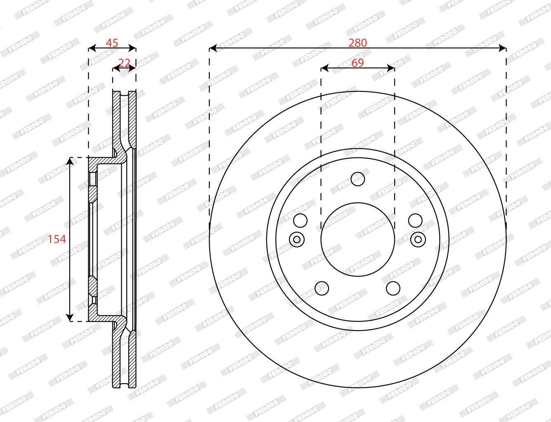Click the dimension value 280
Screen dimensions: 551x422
pos(357,43)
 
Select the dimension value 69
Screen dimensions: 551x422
pos(358,63)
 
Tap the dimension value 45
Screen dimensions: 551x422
pos(112,43)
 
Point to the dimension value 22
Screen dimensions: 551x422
pos(124,63)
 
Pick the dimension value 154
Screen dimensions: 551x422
pos(57,239)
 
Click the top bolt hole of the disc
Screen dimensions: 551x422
pos(357,179)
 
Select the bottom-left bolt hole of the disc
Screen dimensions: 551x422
pos(322,288)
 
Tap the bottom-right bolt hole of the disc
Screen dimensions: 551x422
pos(393,288)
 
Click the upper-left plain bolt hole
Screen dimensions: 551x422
pos(300,220)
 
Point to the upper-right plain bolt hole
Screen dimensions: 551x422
pos(415,220)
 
